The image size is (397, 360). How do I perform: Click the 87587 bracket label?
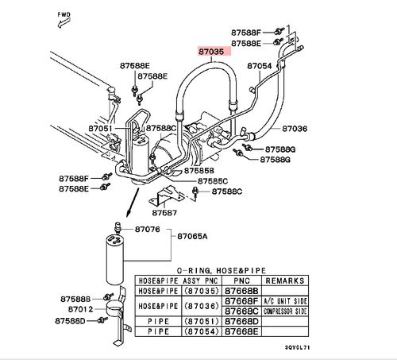pyautogui.click(x=166, y=213)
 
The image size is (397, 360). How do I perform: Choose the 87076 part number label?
pyautogui.click(x=147, y=230)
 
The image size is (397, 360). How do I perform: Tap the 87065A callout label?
pyautogui.click(x=192, y=237)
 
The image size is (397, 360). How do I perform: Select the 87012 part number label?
pyautogui.click(x=81, y=308)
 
